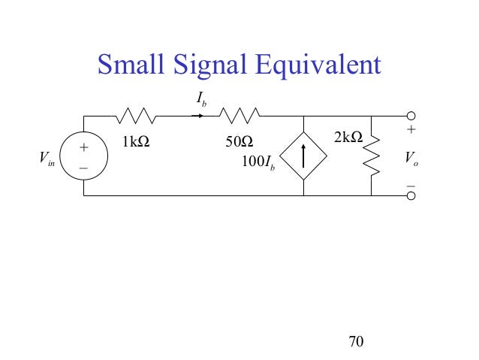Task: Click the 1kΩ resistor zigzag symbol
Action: pos(136,116)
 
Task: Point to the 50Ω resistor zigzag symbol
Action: pos(239,116)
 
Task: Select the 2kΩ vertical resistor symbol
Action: pos(371,156)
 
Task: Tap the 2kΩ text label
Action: pos(347,137)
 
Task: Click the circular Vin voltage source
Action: pos(84,156)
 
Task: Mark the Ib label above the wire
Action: pos(202,98)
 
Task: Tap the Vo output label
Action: pos(411,158)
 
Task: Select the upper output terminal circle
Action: pos(411,116)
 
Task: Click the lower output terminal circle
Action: pos(411,195)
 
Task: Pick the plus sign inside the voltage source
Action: pos(84,147)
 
